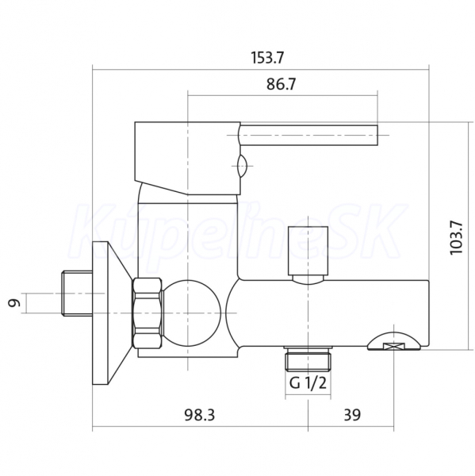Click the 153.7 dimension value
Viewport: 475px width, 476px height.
pyautogui.click(x=267, y=58)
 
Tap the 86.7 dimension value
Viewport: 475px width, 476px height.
pyautogui.click(x=281, y=84)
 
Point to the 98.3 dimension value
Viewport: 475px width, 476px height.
pyautogui.click(x=200, y=415)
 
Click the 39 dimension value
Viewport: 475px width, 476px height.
pyautogui.click(x=352, y=415)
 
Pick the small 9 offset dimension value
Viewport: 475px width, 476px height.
pyautogui.click(x=14, y=303)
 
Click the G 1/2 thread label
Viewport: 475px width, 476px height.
pyautogui.click(x=308, y=383)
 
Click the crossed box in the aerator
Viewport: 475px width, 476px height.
pyautogui.click(x=394, y=347)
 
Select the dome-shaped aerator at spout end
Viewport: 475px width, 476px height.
pyautogui.click(x=394, y=341)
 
